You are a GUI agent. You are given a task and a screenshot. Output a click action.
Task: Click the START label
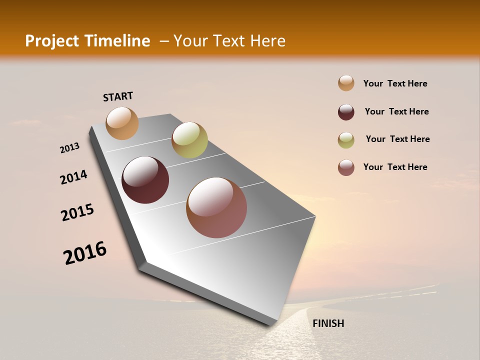[x=118, y=96]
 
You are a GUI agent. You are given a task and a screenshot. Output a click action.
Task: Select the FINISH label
[x=328, y=323]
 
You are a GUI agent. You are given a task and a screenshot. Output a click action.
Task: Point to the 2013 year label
[x=69, y=148]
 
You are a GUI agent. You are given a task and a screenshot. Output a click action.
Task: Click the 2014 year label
[x=73, y=177]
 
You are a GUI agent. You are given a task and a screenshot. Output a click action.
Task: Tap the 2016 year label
[x=85, y=253]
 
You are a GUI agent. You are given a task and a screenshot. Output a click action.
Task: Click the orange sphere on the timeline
[x=122, y=123]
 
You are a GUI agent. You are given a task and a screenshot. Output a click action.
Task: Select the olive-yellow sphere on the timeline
[x=189, y=140]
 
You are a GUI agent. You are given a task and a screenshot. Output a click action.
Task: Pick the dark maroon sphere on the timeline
[x=145, y=180]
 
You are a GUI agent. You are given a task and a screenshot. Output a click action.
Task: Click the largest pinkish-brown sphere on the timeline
[x=216, y=207]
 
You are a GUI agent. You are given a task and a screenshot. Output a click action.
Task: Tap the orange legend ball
[x=346, y=83]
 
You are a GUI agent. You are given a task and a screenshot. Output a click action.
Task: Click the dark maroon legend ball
[x=346, y=112]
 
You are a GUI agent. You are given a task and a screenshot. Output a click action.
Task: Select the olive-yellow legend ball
[x=346, y=140]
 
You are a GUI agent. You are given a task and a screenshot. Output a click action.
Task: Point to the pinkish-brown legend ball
[x=346, y=167]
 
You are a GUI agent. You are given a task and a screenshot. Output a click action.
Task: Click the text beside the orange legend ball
[x=395, y=83]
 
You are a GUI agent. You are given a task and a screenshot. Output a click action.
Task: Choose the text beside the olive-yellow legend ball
[x=397, y=139]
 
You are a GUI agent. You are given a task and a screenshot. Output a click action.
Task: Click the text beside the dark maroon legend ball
[x=396, y=111]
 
